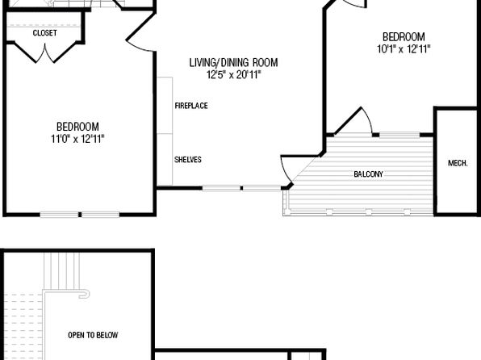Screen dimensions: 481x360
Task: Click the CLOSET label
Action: pyautogui.click(x=44, y=33)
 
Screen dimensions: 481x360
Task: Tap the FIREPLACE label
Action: pyautogui.click(x=191, y=106)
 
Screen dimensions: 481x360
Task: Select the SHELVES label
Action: pyautogui.click(x=188, y=160)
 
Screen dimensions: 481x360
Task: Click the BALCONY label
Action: pyautogui.click(x=369, y=174)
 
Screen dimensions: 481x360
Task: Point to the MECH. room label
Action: pyautogui.click(x=458, y=163)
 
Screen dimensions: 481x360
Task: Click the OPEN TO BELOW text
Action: pyautogui.click(x=93, y=335)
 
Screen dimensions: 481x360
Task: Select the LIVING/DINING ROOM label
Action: pyautogui.click(x=233, y=63)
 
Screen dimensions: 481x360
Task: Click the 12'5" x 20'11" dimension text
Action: pyautogui.click(x=234, y=74)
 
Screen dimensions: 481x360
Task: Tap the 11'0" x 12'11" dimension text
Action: pyautogui.click(x=77, y=139)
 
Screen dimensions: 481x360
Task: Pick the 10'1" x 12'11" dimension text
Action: pyautogui.click(x=404, y=48)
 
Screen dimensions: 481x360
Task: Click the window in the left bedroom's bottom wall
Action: pyautogui.click(x=80, y=215)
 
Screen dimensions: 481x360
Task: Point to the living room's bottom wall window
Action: pyautogui.click(x=241, y=188)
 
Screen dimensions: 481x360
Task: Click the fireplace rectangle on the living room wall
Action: pyautogui.click(x=165, y=105)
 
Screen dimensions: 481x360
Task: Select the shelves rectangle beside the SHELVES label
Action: pyautogui.click(x=165, y=160)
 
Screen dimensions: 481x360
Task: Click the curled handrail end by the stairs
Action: pyautogui.click(x=85, y=294)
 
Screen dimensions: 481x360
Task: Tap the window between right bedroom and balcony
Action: pyautogui.click(x=399, y=135)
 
